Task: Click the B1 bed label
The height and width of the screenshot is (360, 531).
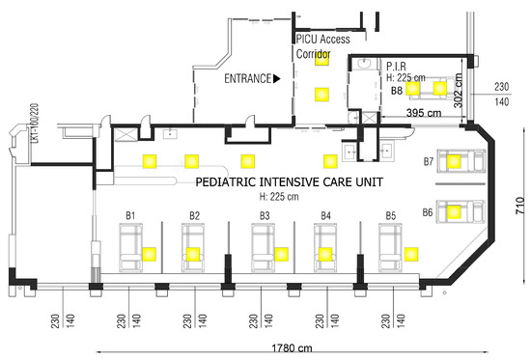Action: point(130,216)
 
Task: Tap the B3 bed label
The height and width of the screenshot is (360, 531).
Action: point(265,216)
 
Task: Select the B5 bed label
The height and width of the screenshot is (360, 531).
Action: point(391,216)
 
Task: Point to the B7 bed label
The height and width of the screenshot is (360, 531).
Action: point(429,161)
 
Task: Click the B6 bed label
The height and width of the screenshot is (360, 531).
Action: point(428,212)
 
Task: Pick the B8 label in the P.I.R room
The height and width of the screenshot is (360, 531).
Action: point(397,91)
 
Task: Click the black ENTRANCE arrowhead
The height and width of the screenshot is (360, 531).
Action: point(277,78)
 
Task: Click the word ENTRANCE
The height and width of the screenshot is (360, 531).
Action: point(248,78)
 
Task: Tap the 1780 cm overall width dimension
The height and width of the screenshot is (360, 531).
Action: point(292,347)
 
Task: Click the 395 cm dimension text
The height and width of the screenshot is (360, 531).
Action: point(424,113)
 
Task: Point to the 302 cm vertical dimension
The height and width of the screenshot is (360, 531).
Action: point(459,91)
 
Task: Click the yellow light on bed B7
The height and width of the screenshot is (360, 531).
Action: point(454,161)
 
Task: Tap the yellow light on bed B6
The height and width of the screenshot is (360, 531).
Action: point(454,212)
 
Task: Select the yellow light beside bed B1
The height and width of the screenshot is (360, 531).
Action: point(149,255)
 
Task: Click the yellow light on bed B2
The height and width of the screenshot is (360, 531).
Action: point(193,255)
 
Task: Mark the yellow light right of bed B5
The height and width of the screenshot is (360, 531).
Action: point(411,255)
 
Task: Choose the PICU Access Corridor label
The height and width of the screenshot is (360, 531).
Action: point(322,46)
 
